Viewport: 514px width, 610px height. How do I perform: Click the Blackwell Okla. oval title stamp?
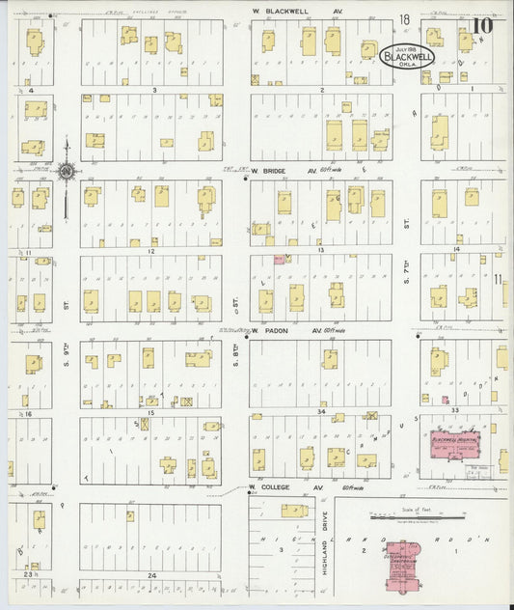point(408,55)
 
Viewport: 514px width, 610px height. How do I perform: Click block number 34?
point(320,411)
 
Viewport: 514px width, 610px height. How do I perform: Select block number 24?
point(150,575)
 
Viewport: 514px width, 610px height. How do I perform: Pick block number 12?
point(150,251)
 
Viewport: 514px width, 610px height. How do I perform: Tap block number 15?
point(150,399)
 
